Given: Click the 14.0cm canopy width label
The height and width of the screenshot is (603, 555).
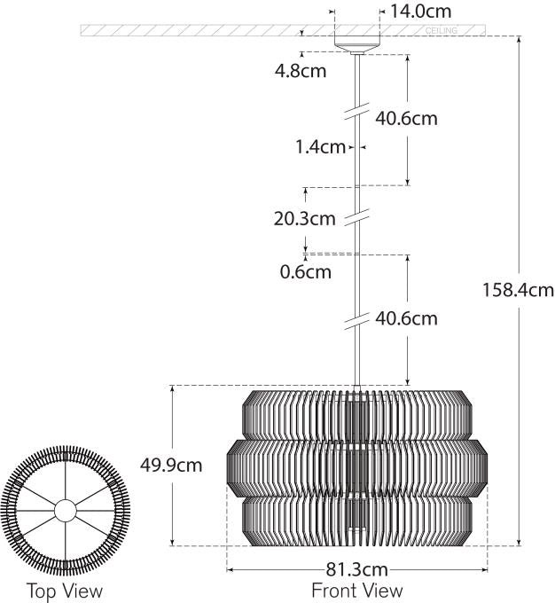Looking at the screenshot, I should click(422, 12).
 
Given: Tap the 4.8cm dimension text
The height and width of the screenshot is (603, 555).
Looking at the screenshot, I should click(301, 71).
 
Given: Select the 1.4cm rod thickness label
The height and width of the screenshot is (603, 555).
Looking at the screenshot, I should click(320, 147).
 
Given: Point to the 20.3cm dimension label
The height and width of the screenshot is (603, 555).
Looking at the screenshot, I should click(304, 218).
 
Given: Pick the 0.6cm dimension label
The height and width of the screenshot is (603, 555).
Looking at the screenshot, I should click(305, 271).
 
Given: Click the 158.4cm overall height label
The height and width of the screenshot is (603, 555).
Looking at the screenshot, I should click(518, 289).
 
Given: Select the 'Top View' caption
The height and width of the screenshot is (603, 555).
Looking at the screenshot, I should click(64, 591).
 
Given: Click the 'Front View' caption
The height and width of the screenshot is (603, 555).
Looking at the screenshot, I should click(356, 591).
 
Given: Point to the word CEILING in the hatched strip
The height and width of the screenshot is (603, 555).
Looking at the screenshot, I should click(442, 31).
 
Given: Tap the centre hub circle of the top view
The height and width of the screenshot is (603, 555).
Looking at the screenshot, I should click(66, 511).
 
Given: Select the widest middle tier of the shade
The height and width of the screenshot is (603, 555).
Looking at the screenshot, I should click(357, 465).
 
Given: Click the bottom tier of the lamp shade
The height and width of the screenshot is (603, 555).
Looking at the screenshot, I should click(357, 520).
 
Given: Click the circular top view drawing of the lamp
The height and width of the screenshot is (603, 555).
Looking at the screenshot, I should click(66, 511).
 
